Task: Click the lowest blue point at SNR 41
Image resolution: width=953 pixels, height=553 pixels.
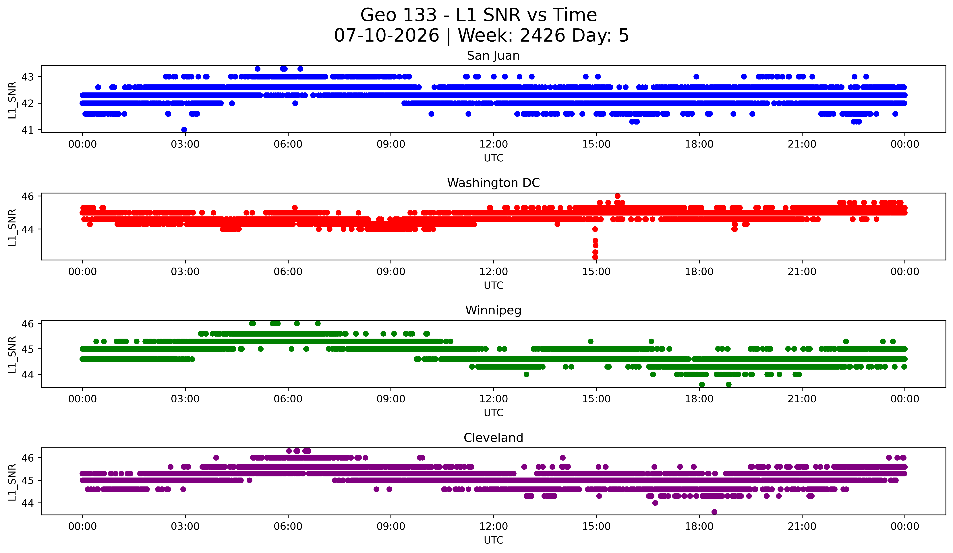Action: [x=184, y=130]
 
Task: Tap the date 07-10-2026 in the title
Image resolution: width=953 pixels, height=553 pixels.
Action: [x=386, y=36]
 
